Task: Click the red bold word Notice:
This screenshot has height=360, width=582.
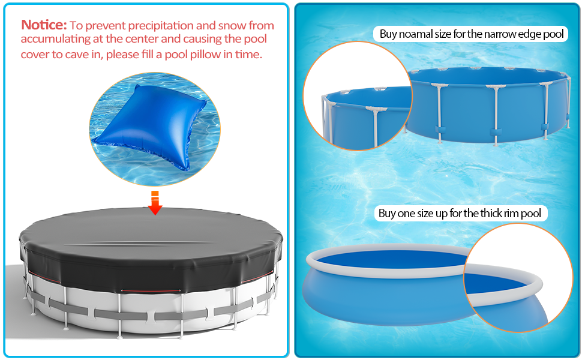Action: [44, 25]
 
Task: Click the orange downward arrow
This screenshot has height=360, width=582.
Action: [155, 202]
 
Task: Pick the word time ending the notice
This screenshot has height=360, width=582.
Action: [248, 54]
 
